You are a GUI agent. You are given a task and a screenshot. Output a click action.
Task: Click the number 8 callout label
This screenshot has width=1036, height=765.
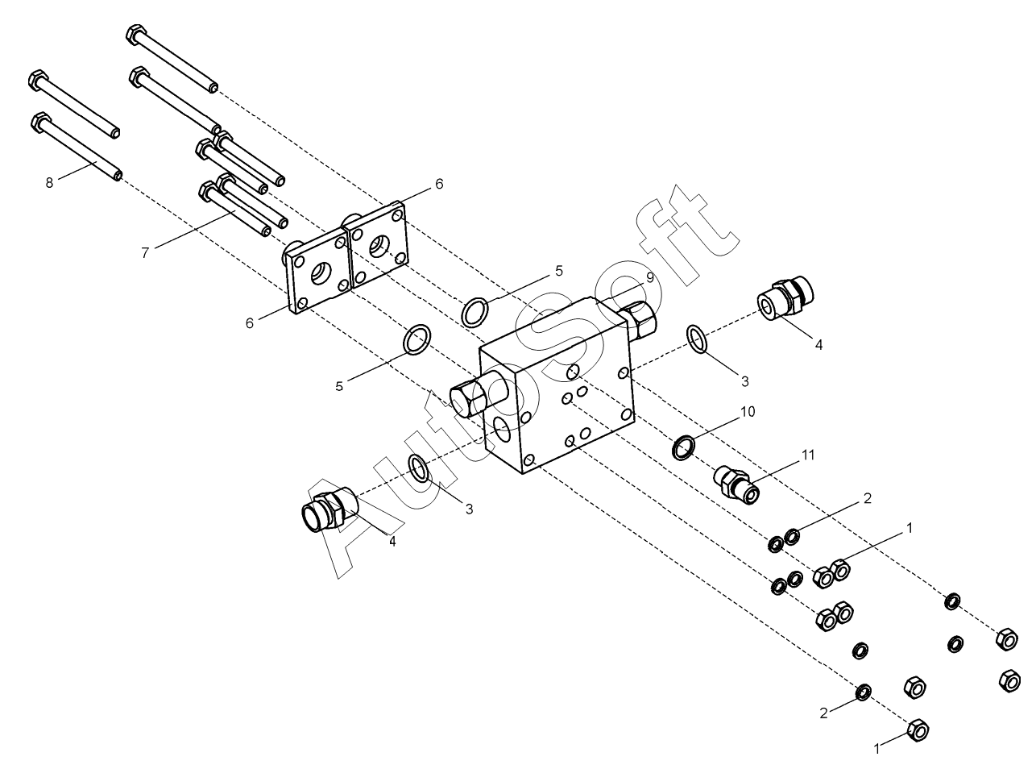(x=49, y=183)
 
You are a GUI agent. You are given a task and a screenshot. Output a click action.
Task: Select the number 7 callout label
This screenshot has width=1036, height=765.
(x=145, y=253)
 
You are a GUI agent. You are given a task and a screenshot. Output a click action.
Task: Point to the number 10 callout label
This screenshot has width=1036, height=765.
(x=748, y=412)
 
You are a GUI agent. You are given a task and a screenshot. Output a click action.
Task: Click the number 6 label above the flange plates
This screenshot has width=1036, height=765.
(x=439, y=184)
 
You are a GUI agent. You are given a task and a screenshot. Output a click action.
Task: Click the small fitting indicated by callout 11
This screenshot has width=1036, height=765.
(x=738, y=485)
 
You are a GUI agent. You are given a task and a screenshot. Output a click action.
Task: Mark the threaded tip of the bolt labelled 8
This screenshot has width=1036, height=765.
(x=118, y=174)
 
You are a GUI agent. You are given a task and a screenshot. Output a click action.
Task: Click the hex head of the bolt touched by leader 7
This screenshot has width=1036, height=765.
(x=207, y=190)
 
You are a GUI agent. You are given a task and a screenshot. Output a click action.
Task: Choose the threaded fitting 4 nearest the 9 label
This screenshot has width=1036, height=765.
(x=786, y=297)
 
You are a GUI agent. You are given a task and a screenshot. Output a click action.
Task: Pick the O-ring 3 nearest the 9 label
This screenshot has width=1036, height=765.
(x=698, y=339)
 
